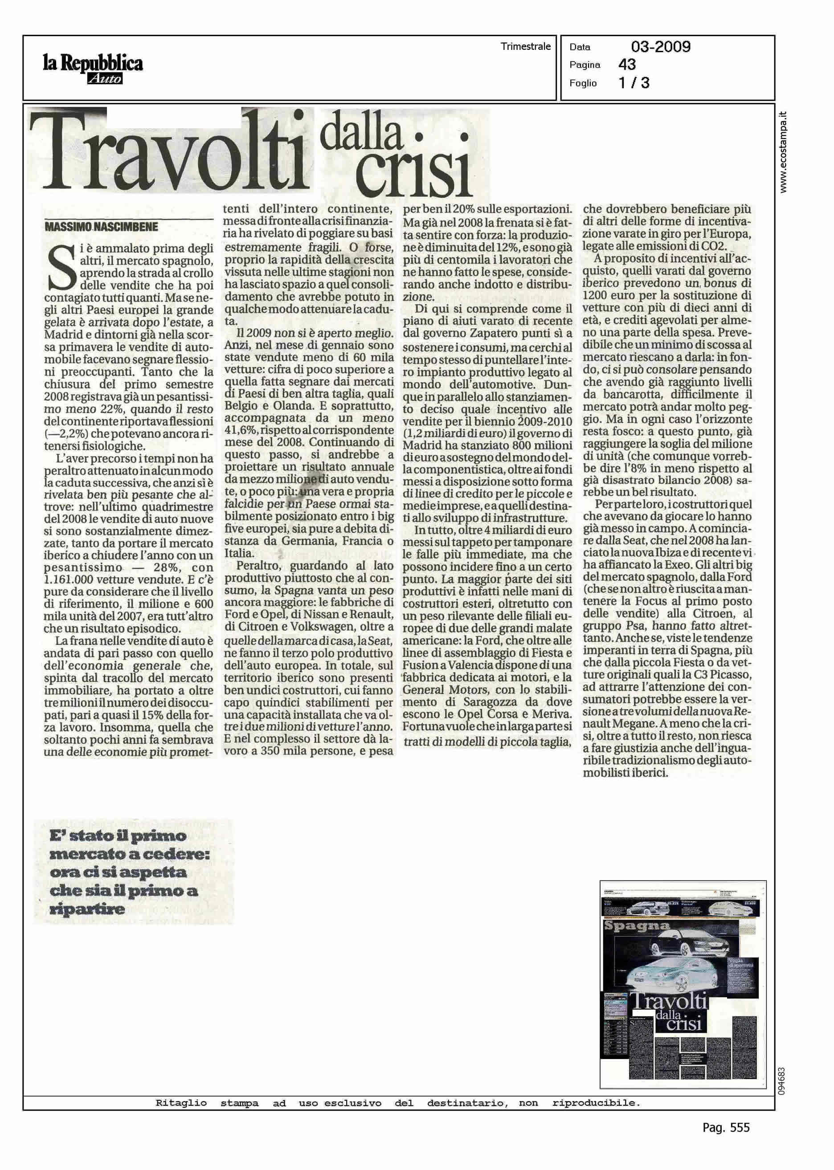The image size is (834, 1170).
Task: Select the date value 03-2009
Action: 660,47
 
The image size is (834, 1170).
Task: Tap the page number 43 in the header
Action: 627,65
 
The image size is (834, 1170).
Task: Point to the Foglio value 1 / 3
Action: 634,83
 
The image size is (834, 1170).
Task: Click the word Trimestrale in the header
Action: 525,47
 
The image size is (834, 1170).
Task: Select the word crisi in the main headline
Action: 413,174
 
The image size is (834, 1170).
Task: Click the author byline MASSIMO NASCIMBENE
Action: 102,226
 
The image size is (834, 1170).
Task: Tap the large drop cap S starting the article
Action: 60,273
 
